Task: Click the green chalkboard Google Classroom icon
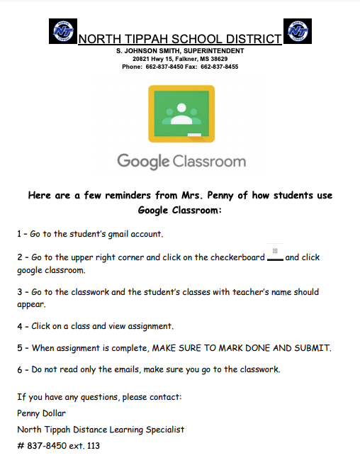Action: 181,113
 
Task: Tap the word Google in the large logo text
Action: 143,161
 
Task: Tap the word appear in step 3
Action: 30,304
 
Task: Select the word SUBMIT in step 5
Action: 312,348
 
